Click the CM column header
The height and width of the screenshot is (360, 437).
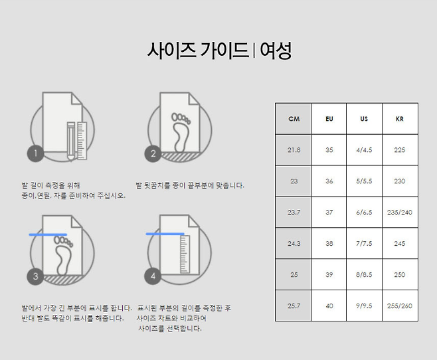click(294, 119)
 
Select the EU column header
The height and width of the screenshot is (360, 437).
click(329, 119)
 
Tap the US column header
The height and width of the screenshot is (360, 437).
click(364, 119)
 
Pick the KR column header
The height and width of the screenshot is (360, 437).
click(400, 119)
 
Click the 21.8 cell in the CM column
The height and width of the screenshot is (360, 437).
click(294, 150)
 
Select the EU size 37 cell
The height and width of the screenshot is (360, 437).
click(329, 213)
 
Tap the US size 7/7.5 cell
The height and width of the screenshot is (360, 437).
click(364, 244)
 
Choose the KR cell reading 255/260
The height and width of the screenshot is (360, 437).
click(400, 306)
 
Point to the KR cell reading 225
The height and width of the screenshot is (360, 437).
click(400, 150)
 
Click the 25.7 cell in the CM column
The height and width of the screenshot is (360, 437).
click(294, 306)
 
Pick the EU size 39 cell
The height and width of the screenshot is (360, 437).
click(329, 275)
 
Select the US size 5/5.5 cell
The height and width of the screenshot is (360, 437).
click(364, 181)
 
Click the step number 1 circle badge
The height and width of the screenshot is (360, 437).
click(35, 153)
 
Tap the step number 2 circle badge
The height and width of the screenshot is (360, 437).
click(153, 153)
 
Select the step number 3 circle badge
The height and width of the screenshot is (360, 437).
click(35, 276)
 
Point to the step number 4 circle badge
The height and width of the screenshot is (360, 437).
click(153, 276)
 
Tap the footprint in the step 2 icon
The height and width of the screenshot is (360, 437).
click(181, 132)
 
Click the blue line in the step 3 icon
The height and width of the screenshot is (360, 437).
click(48, 234)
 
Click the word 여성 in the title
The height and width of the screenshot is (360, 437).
click(276, 50)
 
